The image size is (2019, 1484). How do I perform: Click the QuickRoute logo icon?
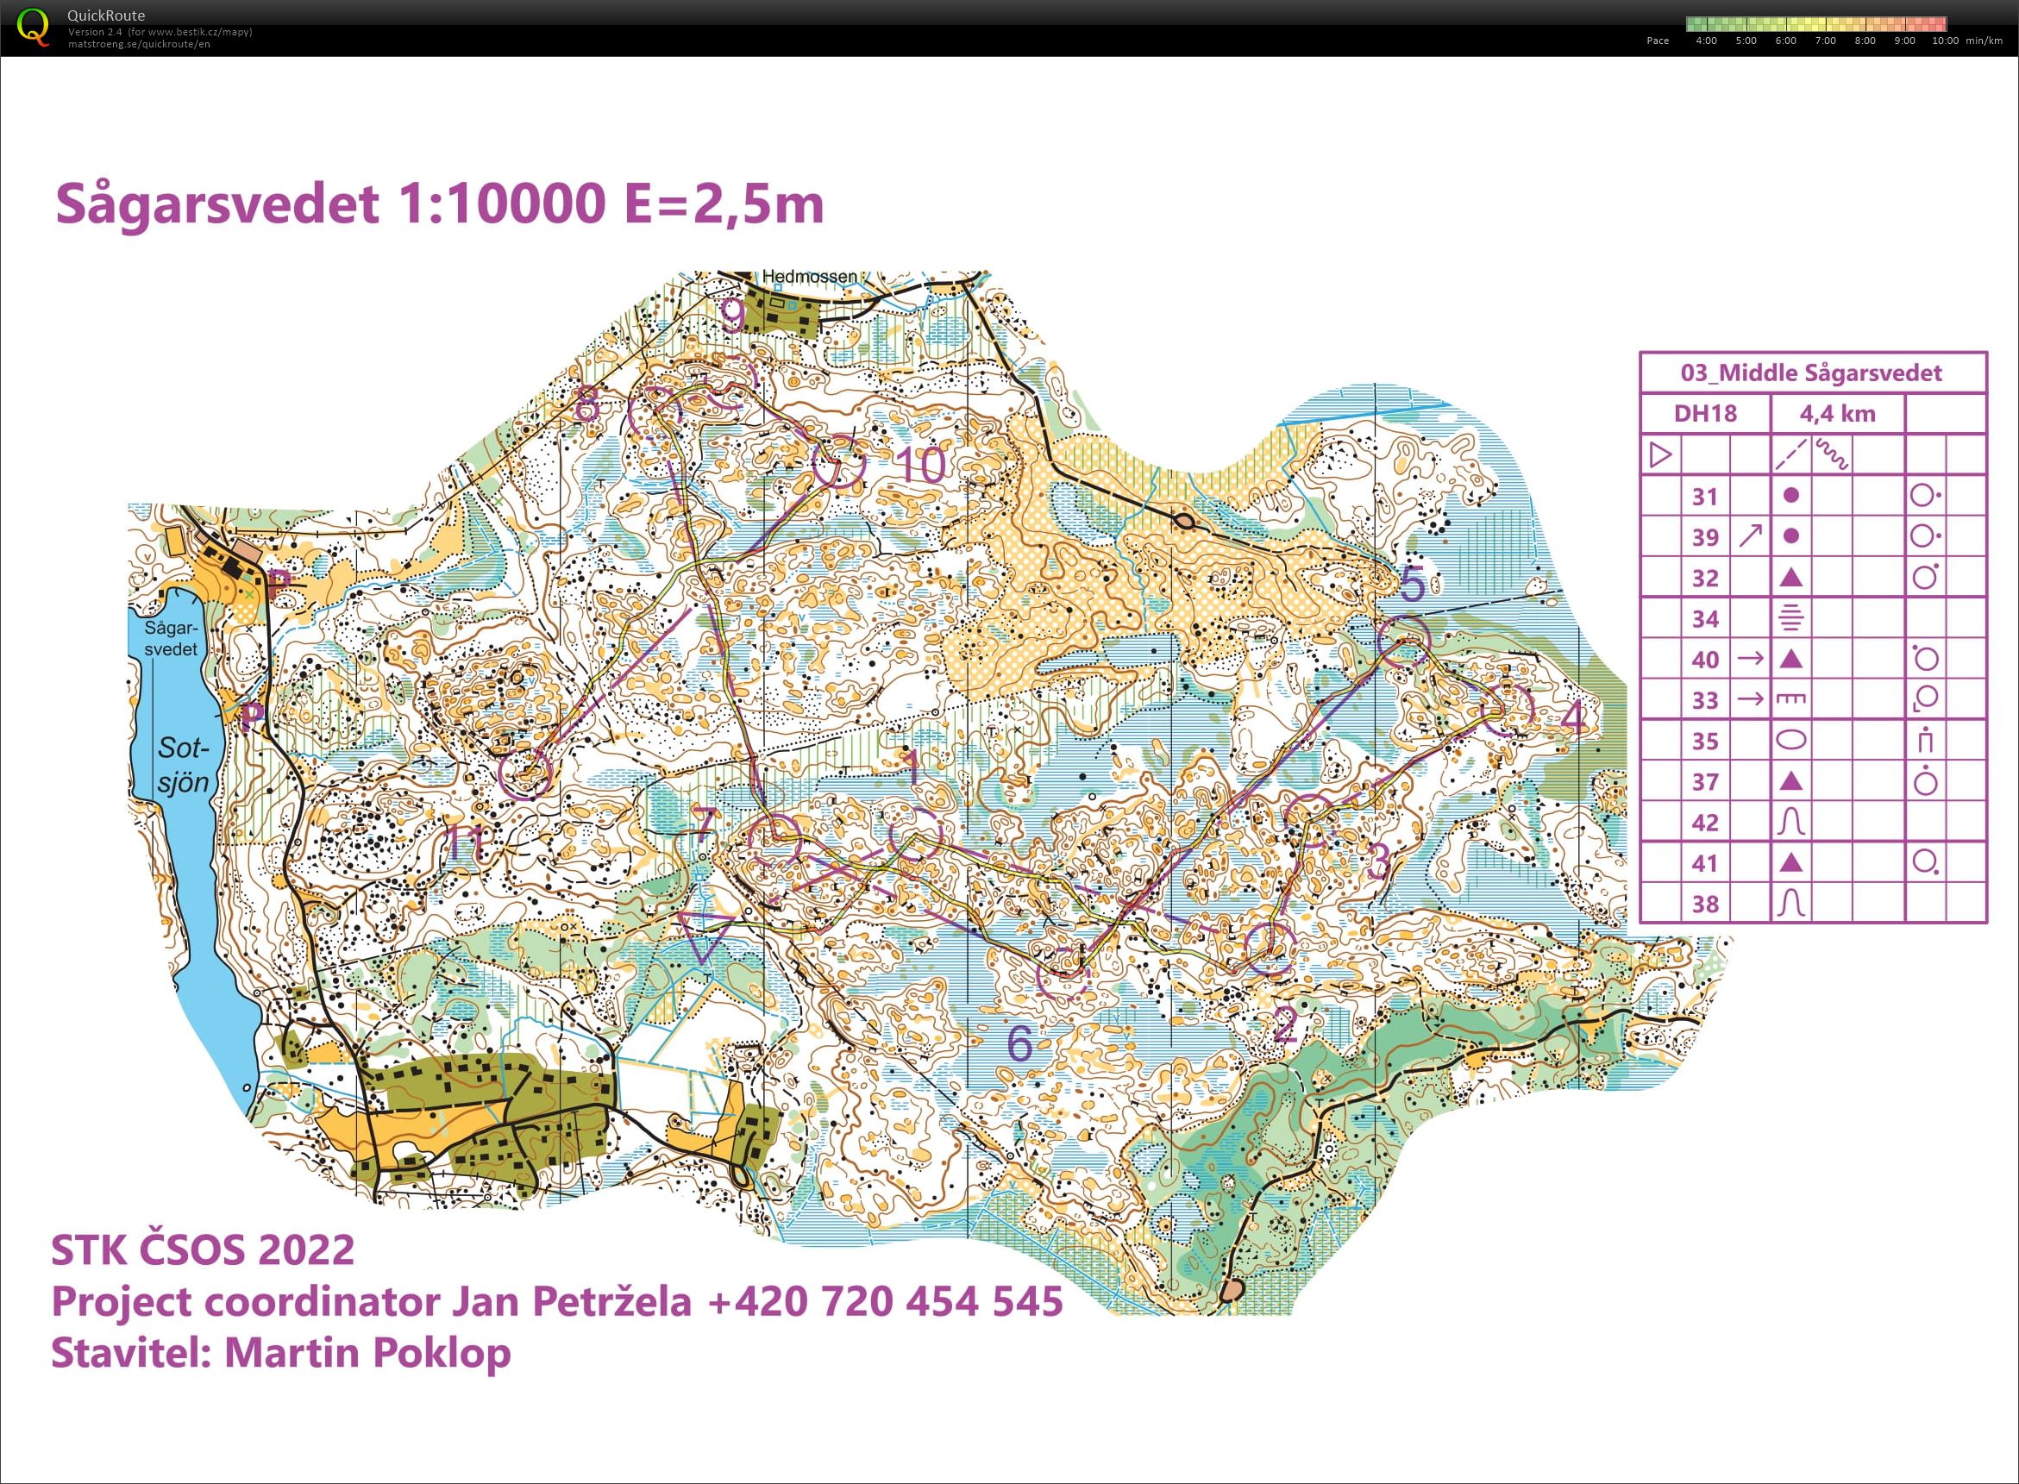(x=34, y=27)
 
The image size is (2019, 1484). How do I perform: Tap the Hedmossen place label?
(x=810, y=277)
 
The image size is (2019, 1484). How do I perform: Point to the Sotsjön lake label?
(x=184, y=765)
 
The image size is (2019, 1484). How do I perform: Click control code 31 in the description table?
(x=1704, y=497)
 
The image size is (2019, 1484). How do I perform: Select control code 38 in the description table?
(x=1704, y=904)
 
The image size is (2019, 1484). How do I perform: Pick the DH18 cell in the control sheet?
(x=1704, y=414)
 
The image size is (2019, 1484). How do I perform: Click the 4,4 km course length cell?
(x=1837, y=414)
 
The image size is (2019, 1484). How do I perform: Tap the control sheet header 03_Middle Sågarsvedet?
(x=1811, y=373)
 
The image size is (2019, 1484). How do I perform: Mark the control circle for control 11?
(x=524, y=773)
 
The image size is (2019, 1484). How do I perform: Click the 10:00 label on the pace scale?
(x=1945, y=41)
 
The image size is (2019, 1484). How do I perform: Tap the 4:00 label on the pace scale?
(x=1705, y=41)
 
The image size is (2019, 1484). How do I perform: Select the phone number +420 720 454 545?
(x=885, y=1300)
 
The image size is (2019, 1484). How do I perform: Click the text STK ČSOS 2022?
(x=203, y=1249)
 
